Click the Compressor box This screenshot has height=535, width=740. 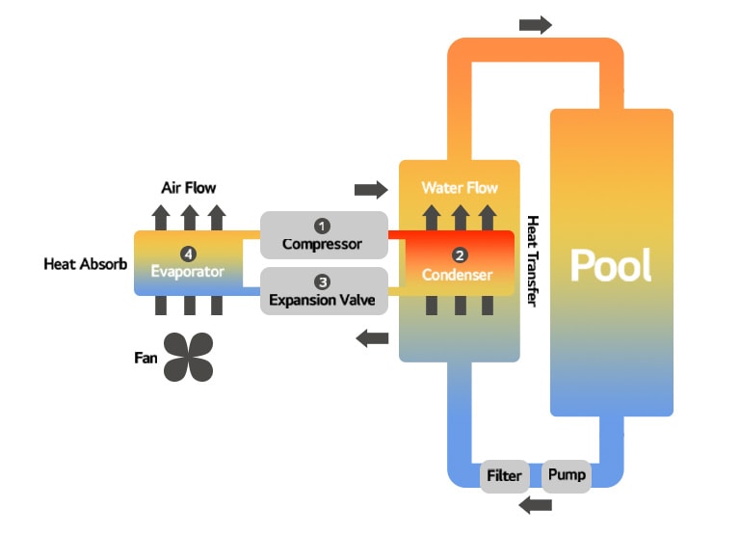coord(323,235)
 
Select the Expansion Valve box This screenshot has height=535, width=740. coord(323,291)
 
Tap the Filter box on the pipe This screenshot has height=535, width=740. coord(505,476)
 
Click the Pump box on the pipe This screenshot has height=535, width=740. coord(566,476)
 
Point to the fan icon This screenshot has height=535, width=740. coord(188,357)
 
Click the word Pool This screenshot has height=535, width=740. coord(611,265)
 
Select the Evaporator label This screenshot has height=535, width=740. coord(187,271)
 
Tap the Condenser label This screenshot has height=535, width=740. coord(457,275)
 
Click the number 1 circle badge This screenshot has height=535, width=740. coord(323,226)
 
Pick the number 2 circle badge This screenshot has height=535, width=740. coord(460,255)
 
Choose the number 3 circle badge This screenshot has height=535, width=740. coord(323,281)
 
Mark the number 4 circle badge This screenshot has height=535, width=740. coord(189,254)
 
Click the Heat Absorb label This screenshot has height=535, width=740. coord(85,263)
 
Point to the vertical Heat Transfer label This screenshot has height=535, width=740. coord(533,261)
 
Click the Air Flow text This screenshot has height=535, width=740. coord(189,188)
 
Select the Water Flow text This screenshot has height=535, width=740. coord(460,187)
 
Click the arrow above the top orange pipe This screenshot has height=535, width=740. coord(535,24)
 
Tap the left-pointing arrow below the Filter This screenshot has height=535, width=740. coord(535,505)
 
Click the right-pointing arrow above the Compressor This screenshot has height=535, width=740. coord(371,188)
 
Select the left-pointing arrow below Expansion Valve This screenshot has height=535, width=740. coord(371,337)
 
